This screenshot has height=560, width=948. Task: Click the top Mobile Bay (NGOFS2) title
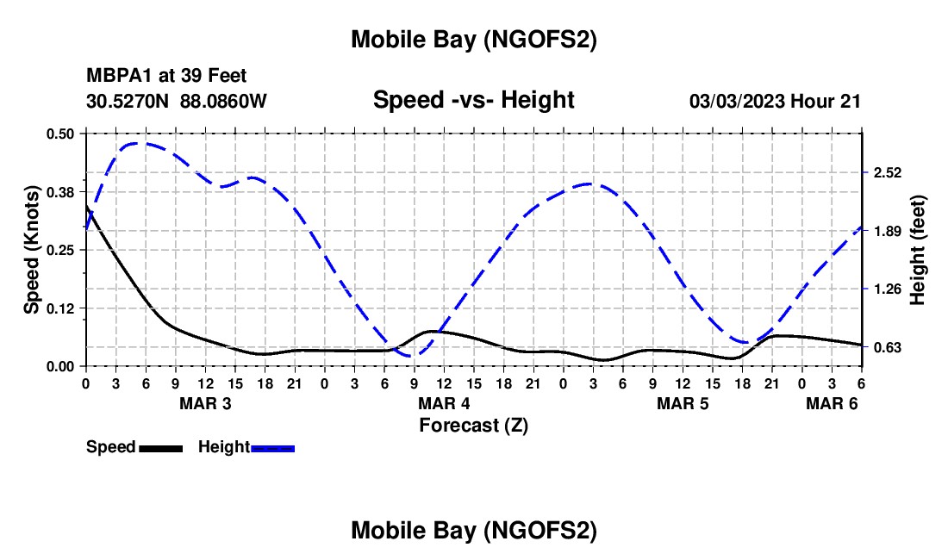(473, 40)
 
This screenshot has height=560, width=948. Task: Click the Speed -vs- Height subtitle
(473, 100)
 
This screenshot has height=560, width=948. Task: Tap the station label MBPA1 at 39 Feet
(166, 76)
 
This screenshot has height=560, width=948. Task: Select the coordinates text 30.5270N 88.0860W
(177, 101)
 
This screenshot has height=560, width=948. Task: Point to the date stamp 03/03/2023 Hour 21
(775, 101)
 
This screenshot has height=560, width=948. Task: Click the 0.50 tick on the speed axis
(60, 134)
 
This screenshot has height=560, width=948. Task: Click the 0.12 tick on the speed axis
(60, 308)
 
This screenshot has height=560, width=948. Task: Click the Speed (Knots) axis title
(33, 250)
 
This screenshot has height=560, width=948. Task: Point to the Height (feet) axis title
(917, 250)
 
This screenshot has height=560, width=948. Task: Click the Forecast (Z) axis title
(473, 425)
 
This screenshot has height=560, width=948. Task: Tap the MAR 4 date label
(444, 403)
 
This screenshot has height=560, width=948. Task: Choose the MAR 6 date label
(831, 403)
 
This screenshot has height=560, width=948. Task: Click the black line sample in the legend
(160, 448)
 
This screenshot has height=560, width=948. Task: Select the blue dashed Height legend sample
(272, 448)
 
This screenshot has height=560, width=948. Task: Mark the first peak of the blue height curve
(141, 143)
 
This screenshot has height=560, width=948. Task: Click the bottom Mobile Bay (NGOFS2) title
(473, 531)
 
